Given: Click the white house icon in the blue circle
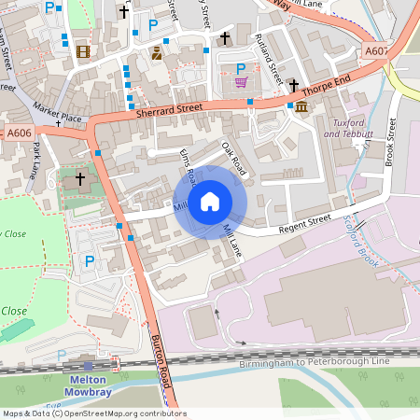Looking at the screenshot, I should coord(210,202).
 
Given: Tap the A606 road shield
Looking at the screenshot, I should coord(20,133).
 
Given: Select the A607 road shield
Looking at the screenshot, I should coord(378,50).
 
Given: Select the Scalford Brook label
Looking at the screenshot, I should coord(362,241).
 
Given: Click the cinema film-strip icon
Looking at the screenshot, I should coord(84,52).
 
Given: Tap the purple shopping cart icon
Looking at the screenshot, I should coord(242,82).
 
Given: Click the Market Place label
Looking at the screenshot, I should coord(58,110).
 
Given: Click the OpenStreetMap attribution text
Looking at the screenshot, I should coord(93,413).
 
